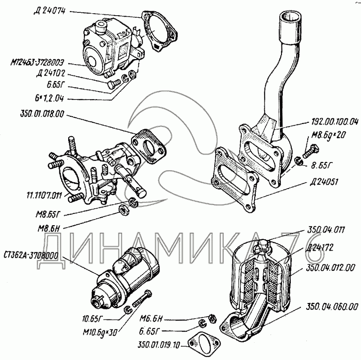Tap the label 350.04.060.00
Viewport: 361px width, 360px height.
(331, 307)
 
